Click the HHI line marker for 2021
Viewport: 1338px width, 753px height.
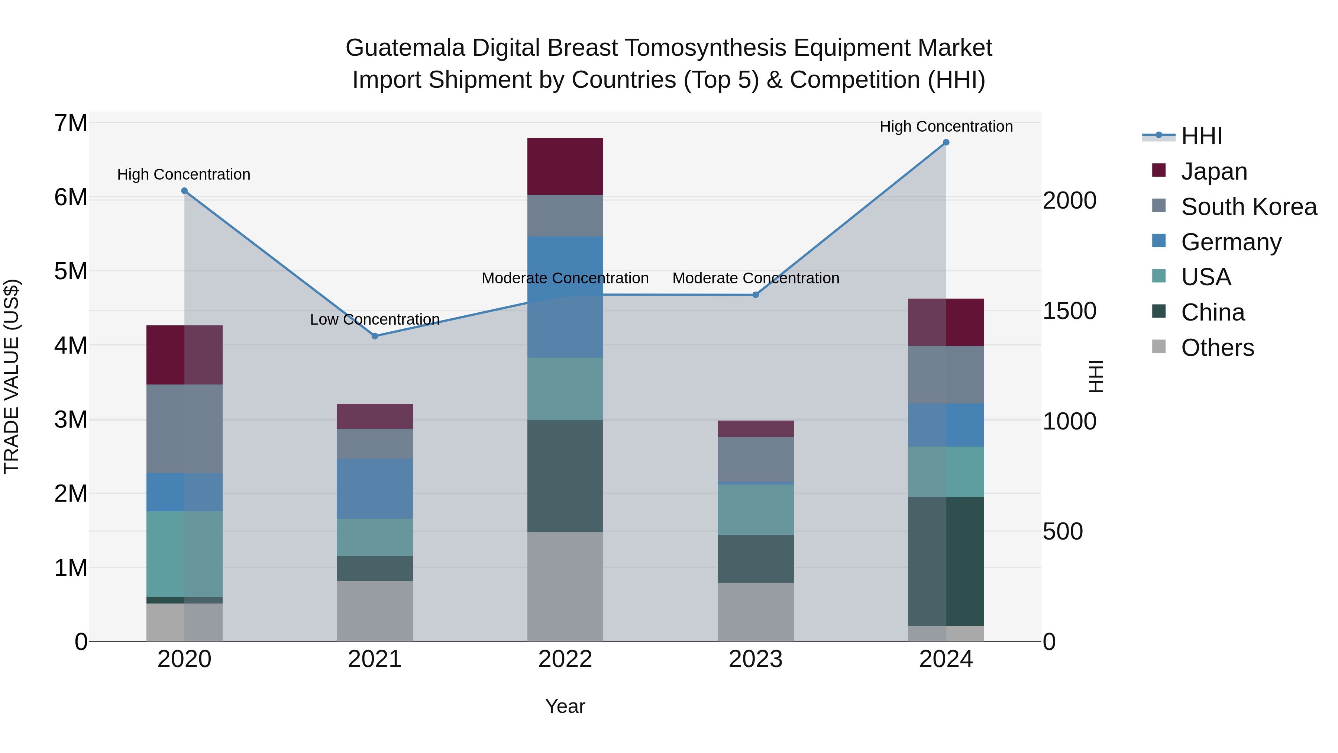[375, 336]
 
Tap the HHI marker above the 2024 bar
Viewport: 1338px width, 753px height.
[946, 142]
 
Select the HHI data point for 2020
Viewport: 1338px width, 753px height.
[184, 191]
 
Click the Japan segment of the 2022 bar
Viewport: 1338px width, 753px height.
[565, 166]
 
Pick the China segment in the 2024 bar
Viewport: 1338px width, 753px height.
[946, 561]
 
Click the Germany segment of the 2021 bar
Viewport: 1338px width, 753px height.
[375, 489]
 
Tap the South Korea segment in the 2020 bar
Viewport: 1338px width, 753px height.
[184, 429]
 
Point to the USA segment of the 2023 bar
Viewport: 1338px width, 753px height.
[756, 509]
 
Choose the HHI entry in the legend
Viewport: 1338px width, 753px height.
[1201, 136]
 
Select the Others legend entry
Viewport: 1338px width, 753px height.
[1217, 348]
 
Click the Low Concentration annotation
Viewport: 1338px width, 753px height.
[375, 319]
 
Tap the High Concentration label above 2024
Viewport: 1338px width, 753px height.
[946, 126]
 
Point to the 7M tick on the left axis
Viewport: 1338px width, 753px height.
[71, 124]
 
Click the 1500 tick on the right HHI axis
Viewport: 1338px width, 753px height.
[1069, 311]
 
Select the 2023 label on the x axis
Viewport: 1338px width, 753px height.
[756, 659]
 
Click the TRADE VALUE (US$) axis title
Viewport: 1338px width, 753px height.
[12, 376]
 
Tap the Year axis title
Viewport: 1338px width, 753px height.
[565, 706]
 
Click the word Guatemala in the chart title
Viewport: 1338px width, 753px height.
[405, 48]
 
